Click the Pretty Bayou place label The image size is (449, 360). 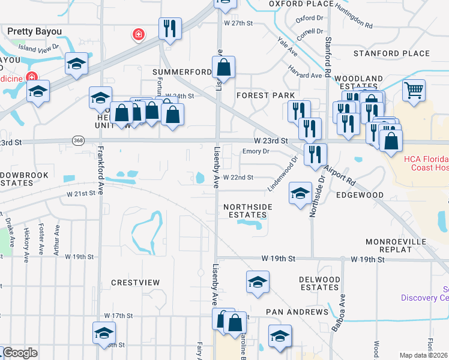tap(35, 31)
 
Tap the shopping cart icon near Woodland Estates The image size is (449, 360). tap(414, 91)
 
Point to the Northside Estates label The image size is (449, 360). tap(248, 211)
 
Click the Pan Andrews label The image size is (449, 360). tap(298, 312)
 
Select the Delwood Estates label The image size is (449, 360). tap(320, 283)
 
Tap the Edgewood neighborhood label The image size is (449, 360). tap(360, 195)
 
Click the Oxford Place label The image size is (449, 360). tap(301, 4)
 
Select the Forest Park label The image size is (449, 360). tap(265, 95)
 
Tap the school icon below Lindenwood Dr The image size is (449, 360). tap(300, 193)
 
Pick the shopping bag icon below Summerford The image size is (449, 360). tap(223, 68)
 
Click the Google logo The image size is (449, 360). tap(20, 353)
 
